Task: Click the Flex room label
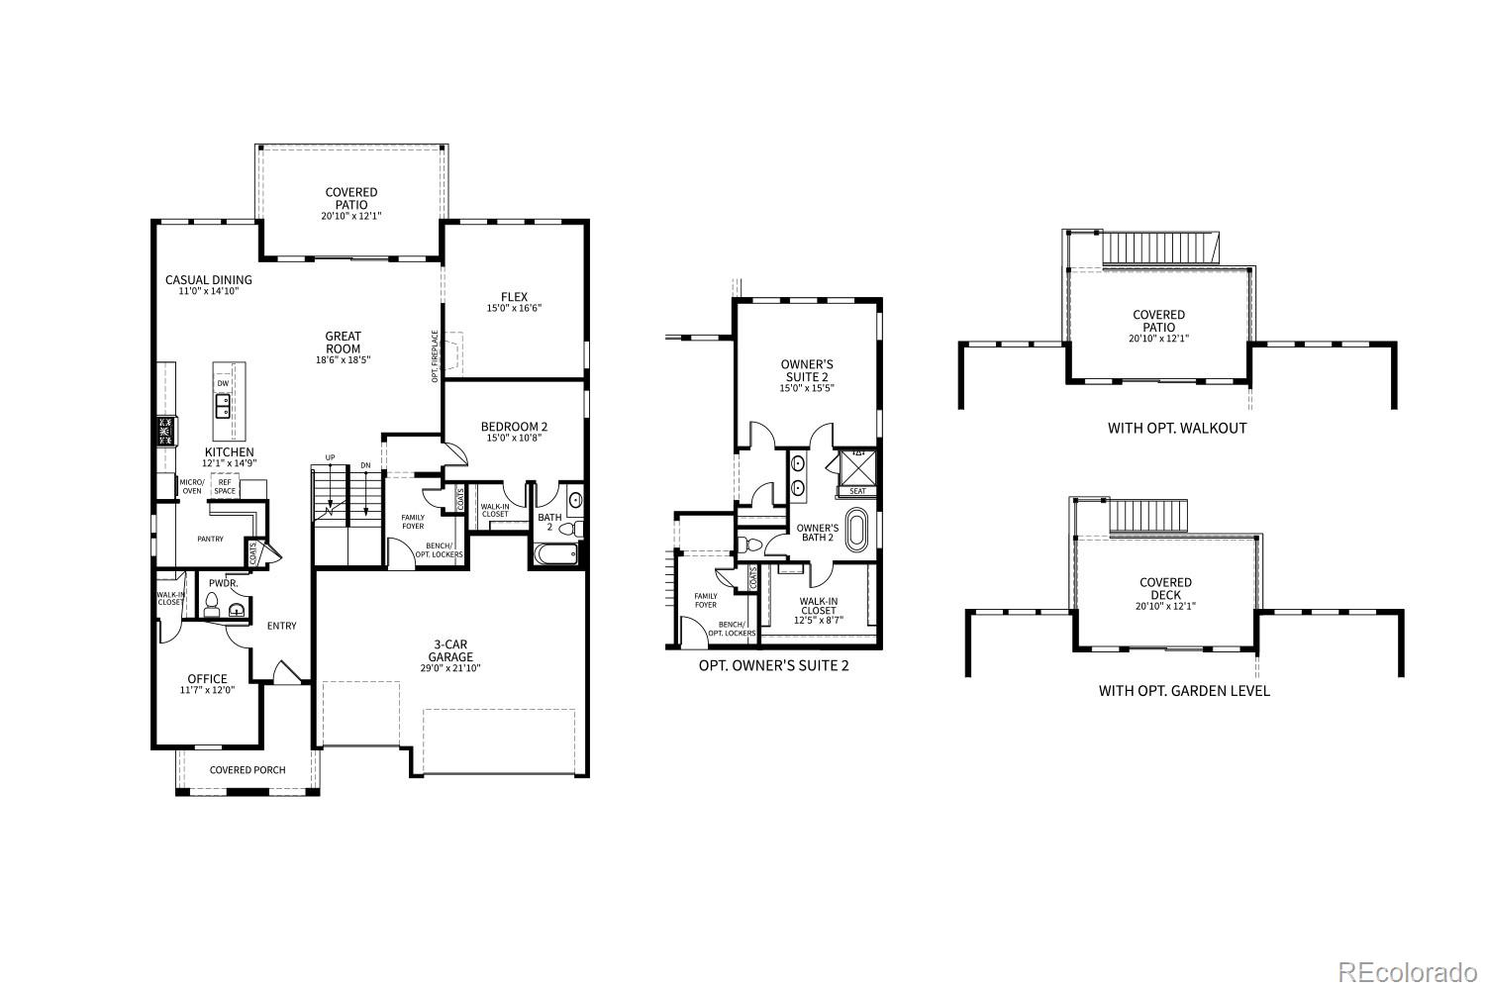coord(514,297)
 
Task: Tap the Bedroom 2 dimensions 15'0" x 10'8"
coord(514,438)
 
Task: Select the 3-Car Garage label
coord(450,650)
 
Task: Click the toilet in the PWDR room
coord(210,605)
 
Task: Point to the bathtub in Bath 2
coord(555,553)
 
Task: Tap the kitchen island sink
coord(224,404)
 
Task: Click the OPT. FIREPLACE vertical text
coord(435,355)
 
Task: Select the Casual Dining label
coord(209,280)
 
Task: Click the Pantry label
coord(210,539)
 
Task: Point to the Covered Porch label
coord(247,770)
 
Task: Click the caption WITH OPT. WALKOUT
coord(1177,429)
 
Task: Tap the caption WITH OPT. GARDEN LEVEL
coord(1184,691)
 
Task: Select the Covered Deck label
coord(1165,589)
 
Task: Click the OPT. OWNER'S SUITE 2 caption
coord(773,665)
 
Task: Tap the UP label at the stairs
coord(330,457)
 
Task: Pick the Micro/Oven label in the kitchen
coord(191,486)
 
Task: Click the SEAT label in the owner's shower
coord(857,491)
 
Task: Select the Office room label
coord(207,679)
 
